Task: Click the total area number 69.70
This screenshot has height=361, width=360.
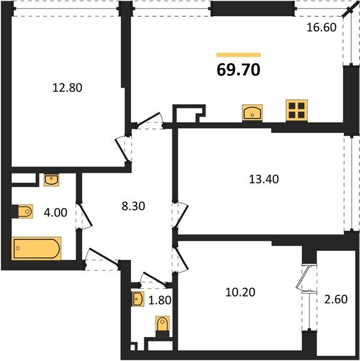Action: [x=238, y=70]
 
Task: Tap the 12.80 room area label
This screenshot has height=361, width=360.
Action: [x=67, y=87]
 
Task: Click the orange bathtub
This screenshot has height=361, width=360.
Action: [x=37, y=248]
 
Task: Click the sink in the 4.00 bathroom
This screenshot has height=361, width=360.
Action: [x=51, y=179]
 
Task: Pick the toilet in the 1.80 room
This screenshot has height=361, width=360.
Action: [x=162, y=325]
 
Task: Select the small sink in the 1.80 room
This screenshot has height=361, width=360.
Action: [x=138, y=298]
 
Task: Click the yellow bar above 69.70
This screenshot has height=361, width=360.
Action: [x=238, y=55]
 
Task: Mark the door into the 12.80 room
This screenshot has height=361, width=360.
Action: [x=122, y=146]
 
